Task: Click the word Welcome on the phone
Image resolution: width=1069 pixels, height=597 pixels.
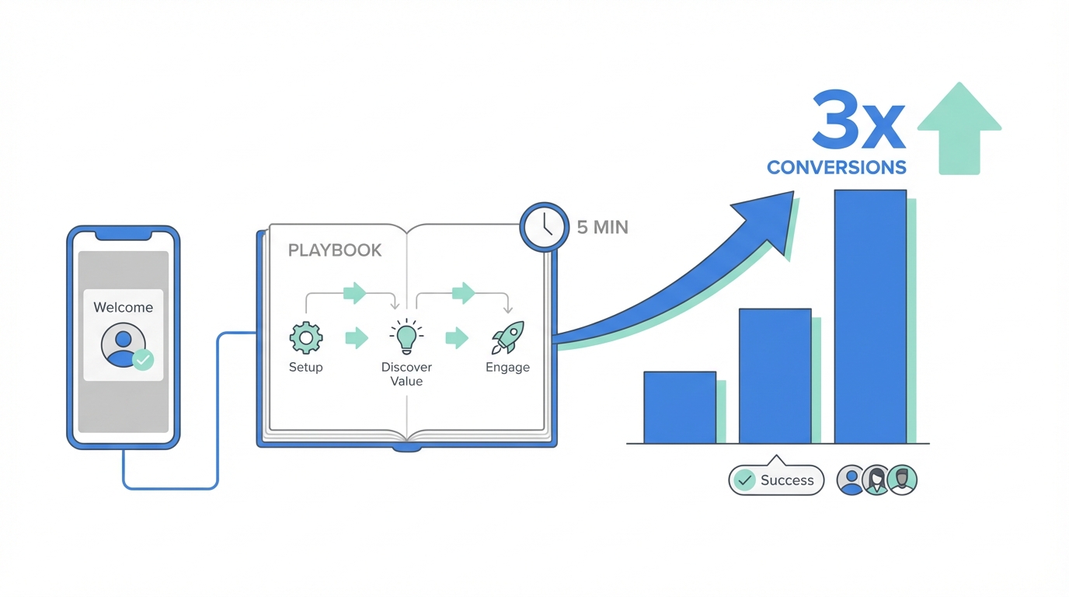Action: pos(123,307)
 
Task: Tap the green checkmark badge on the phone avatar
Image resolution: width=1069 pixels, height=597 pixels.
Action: pos(143,359)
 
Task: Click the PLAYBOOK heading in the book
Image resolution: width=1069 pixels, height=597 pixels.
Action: pos(335,250)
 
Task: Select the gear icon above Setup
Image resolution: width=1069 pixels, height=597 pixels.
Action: pos(305,338)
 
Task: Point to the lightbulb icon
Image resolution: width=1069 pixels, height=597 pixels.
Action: pos(406,337)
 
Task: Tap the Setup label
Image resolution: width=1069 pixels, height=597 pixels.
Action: pos(305,367)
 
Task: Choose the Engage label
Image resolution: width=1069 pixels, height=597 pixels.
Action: pos(507,367)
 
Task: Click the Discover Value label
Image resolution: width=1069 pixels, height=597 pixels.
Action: pos(406,374)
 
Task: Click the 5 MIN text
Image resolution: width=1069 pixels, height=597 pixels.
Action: pos(602,228)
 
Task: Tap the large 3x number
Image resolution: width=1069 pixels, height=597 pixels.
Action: pos(858,120)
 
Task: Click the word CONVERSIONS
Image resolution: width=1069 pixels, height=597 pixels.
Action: pos(836,167)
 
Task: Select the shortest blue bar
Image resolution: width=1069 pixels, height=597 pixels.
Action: pos(680,407)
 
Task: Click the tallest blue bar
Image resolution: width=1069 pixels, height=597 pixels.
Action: pos(870,316)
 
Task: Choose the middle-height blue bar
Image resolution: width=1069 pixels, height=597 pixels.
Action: pos(775,376)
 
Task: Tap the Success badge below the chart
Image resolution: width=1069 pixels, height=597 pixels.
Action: pos(776,480)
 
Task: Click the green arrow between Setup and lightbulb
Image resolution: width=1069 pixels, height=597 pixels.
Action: pos(356,338)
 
